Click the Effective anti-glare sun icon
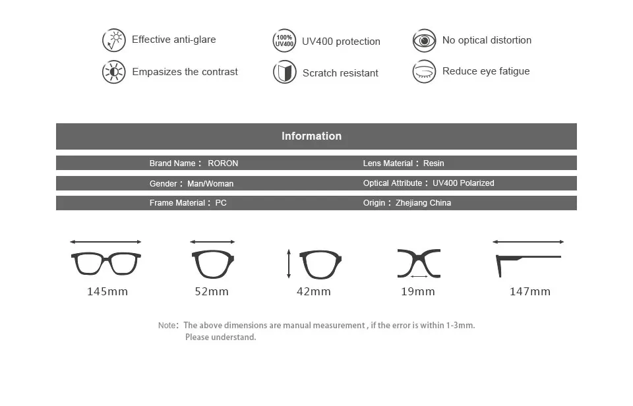click(114, 40)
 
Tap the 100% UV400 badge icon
click(284, 41)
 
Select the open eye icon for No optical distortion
click(424, 40)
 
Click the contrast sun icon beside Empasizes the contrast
click(114, 72)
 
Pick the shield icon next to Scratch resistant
click(285, 72)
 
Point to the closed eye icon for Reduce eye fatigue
click(424, 71)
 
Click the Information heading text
click(312, 136)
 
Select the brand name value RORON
click(223, 163)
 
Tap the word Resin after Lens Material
click(434, 163)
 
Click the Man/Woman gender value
click(210, 184)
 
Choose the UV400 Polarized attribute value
click(464, 183)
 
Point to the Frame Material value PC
click(221, 203)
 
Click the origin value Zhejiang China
click(423, 203)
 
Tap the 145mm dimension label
click(107, 291)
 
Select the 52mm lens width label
click(212, 291)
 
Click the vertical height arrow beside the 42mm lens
click(289, 264)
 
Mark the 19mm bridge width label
click(418, 291)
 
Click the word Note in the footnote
click(167, 326)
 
